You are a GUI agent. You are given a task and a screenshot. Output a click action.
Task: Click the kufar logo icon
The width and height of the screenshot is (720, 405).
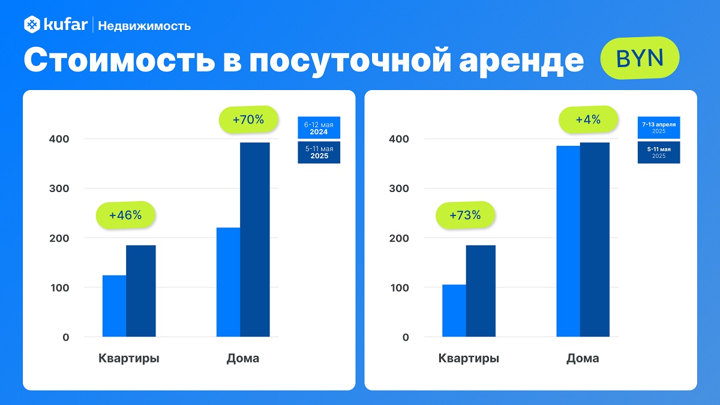click(x=32, y=25)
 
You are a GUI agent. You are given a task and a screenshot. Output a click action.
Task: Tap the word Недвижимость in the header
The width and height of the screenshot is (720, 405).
click(x=144, y=26)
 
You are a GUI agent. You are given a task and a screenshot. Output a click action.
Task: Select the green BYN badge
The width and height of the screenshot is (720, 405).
click(x=640, y=59)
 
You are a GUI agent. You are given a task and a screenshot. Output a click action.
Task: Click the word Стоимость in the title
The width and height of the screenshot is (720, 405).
click(x=112, y=61)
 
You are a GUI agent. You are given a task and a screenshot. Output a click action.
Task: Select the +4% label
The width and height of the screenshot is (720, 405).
click(x=588, y=119)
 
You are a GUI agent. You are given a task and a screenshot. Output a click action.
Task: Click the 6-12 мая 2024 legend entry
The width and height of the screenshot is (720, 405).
click(x=319, y=128)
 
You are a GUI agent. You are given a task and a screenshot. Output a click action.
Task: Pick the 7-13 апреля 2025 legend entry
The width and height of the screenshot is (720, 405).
click(x=659, y=127)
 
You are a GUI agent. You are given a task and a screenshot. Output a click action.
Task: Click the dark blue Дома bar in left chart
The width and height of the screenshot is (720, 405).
click(x=255, y=239)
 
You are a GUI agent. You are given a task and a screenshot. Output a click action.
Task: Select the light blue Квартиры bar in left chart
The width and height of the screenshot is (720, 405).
click(x=114, y=306)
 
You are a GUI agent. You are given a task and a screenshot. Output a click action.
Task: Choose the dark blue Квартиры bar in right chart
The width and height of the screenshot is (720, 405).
click(x=481, y=291)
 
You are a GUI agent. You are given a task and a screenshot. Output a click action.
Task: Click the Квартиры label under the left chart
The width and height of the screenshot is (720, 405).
click(x=129, y=359)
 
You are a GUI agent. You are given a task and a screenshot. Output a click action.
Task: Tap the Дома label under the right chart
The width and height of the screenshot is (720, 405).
click(x=583, y=359)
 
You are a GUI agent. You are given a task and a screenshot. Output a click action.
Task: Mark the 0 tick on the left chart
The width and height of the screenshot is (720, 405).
click(x=65, y=337)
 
